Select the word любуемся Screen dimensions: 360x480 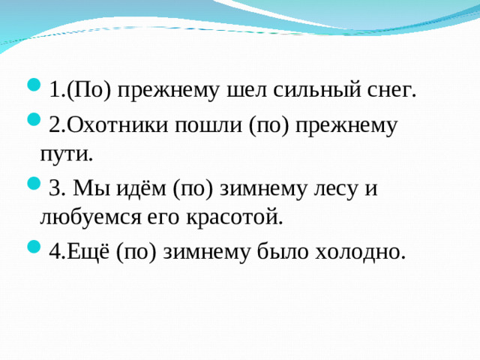click(x=100, y=219)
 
